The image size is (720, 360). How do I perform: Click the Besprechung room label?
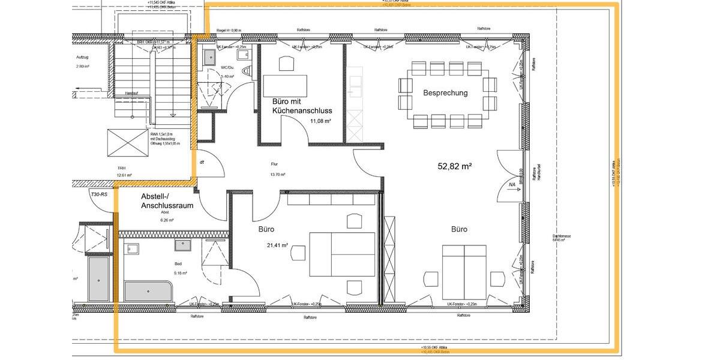(x=445, y=93)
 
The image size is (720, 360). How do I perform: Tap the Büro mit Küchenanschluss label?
(x=302, y=106)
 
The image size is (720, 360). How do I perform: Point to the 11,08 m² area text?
(x=320, y=121)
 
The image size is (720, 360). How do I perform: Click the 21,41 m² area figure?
(x=277, y=245)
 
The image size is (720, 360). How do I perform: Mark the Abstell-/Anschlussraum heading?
(x=166, y=201)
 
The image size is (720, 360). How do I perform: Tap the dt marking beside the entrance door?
(x=202, y=162)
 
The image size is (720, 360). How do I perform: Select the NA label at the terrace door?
(x=512, y=185)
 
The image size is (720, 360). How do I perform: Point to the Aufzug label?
(x=82, y=57)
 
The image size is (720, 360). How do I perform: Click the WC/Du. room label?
(x=227, y=68)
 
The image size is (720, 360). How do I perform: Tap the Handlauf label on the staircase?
(x=131, y=94)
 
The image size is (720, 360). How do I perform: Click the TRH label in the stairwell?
(x=121, y=169)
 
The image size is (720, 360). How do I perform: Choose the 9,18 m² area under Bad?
(x=179, y=274)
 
